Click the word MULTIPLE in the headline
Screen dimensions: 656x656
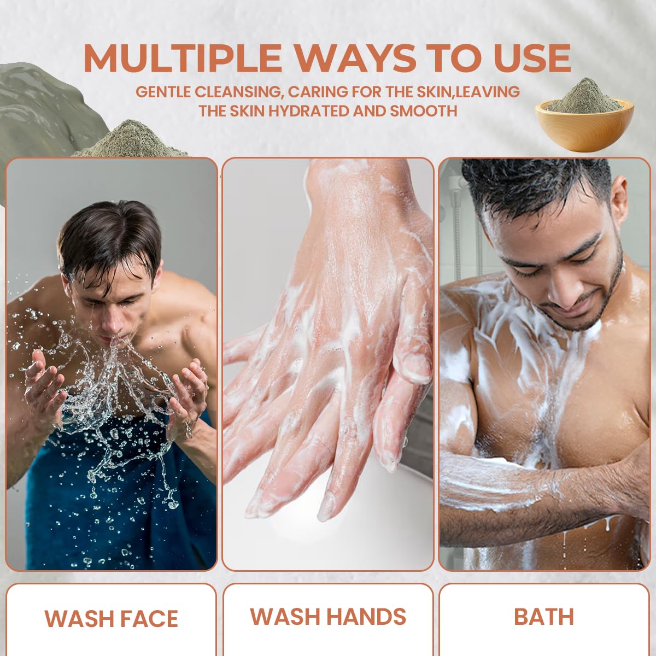pyautogui.click(x=183, y=58)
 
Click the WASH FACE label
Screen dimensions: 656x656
pyautogui.click(x=112, y=618)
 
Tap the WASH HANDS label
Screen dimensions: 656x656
pyautogui.click(x=328, y=616)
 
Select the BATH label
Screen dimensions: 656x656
pyautogui.click(x=543, y=617)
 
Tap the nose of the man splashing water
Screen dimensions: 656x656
pyautogui.click(x=110, y=321)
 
